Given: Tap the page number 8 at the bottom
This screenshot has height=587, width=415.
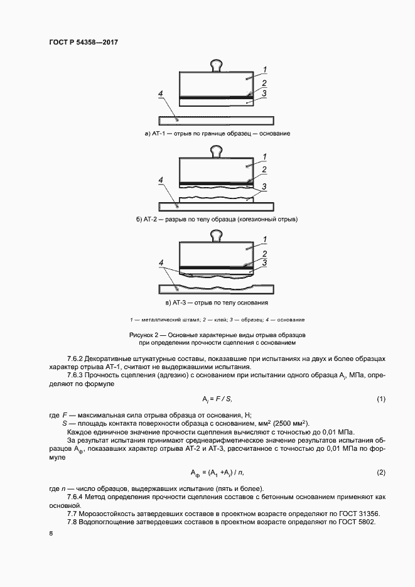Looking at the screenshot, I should (x=51, y=534).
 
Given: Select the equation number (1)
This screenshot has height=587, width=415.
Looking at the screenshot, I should (x=380, y=399).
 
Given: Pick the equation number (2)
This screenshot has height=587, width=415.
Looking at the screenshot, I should (x=380, y=471).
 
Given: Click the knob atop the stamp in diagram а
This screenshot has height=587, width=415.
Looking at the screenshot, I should (x=217, y=65).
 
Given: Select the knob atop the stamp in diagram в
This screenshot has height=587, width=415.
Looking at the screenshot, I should (x=217, y=235).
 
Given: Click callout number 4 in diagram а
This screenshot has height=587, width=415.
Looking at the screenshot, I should (x=161, y=95).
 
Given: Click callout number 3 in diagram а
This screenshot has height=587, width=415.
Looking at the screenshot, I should (x=265, y=94).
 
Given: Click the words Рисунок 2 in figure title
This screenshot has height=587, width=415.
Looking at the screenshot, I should (x=146, y=335).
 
